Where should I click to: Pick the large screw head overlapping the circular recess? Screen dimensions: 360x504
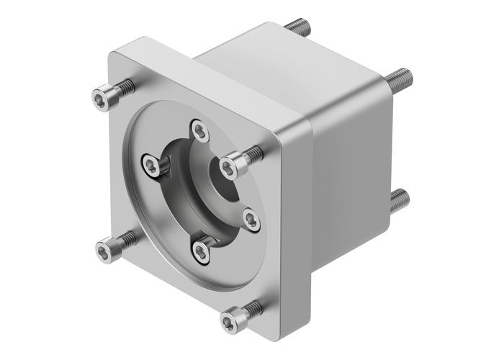(x=229, y=167)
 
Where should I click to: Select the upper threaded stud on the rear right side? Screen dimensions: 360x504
(x=400, y=75)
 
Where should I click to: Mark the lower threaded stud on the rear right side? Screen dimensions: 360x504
(x=400, y=196)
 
